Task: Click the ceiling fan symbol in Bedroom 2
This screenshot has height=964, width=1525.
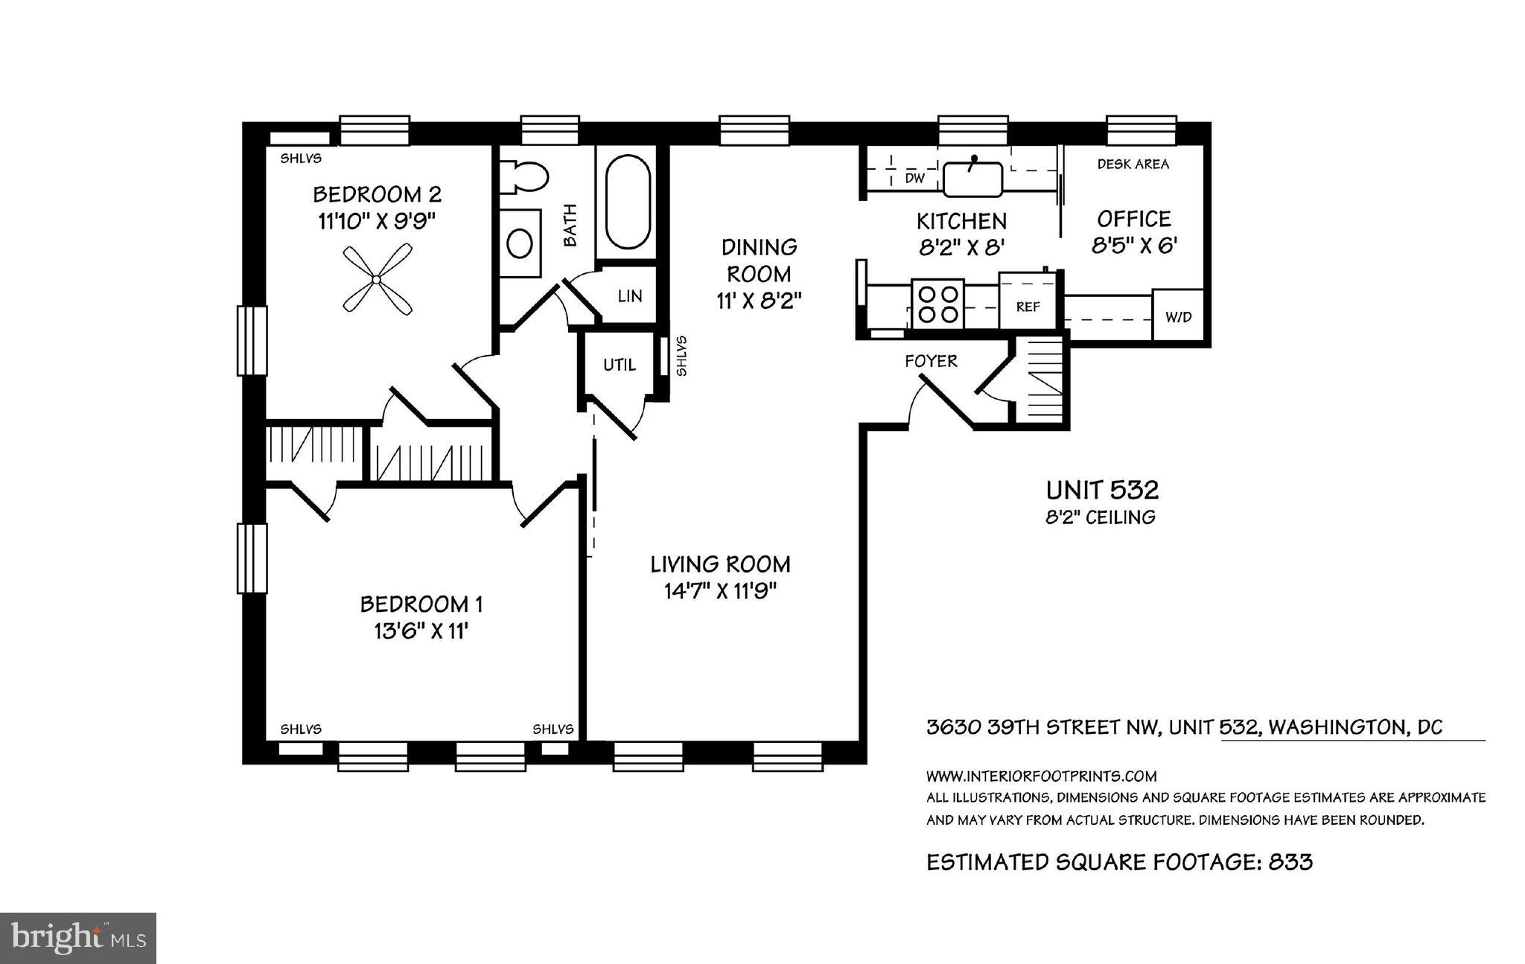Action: click(x=377, y=280)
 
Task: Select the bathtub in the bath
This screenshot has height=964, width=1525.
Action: click(x=627, y=201)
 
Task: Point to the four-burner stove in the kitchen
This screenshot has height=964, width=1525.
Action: click(x=937, y=304)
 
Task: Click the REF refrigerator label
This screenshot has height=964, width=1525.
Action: click(x=1028, y=307)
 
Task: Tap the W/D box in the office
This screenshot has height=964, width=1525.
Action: click(x=1178, y=316)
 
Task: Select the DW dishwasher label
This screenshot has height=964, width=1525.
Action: click(x=914, y=179)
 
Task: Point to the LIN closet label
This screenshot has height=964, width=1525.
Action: click(x=630, y=296)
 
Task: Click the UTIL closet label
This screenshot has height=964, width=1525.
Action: click(x=620, y=365)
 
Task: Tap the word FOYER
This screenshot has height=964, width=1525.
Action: click(x=931, y=361)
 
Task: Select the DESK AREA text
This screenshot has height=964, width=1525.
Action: click(x=1133, y=164)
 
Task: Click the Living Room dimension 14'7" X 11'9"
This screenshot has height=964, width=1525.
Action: click(x=720, y=591)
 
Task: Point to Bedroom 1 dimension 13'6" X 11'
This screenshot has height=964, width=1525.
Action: click(x=421, y=631)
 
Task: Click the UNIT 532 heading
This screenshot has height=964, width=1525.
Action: click(x=1102, y=490)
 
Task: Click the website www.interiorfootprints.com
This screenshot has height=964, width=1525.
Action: click(x=1041, y=776)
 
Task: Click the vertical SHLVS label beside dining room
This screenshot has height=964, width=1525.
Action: click(x=681, y=356)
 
